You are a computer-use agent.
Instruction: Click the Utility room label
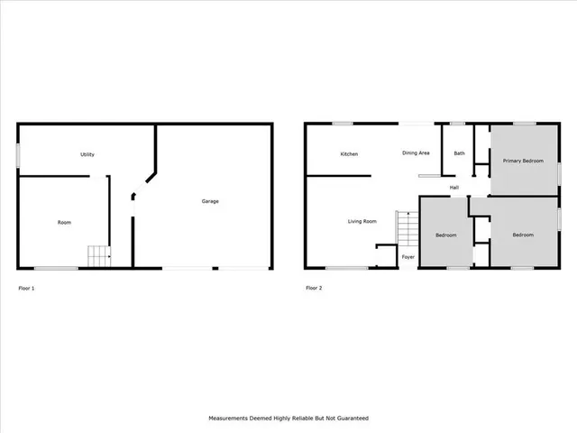tap(87, 154)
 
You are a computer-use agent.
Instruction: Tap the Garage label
tap(210, 201)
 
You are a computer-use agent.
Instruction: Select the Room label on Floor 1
tap(64, 222)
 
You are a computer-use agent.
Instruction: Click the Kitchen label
tap(349, 154)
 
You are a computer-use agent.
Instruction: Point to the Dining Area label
tap(416, 153)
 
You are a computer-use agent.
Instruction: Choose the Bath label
tap(460, 153)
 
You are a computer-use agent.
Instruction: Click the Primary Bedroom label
tap(523, 161)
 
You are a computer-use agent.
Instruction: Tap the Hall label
tap(455, 188)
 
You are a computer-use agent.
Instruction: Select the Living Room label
tap(362, 220)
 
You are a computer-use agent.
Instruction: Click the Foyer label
tap(408, 257)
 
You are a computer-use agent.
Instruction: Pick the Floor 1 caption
tap(26, 289)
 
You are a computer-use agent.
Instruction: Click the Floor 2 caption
tap(314, 289)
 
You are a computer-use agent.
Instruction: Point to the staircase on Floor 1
tap(97, 256)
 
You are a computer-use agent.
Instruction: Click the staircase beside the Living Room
tap(408, 228)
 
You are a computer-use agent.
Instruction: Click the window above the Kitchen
tap(343, 124)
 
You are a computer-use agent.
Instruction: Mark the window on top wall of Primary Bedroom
tap(524, 124)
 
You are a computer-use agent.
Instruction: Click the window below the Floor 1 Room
tap(56, 268)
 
